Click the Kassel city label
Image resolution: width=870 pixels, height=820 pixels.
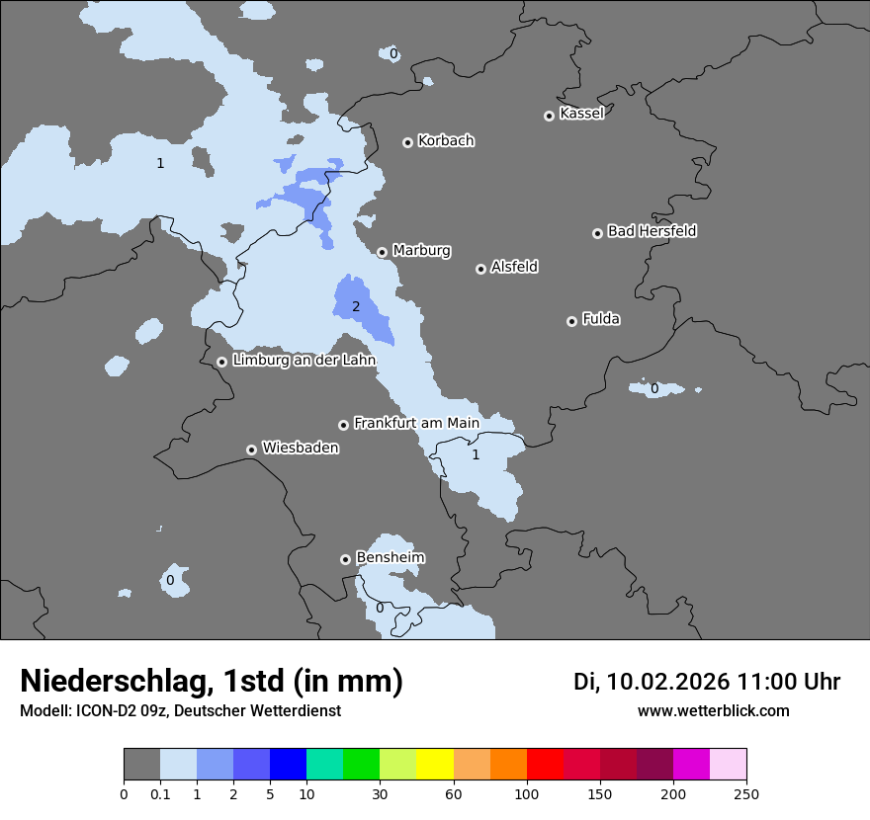tap(581, 114)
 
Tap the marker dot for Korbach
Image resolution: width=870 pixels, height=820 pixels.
tap(407, 142)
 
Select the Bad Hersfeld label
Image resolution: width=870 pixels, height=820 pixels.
tap(652, 231)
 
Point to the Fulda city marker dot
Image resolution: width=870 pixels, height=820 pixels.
tap(571, 321)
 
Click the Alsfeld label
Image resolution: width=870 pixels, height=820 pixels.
tap(514, 267)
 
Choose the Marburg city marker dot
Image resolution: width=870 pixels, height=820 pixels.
tap(382, 252)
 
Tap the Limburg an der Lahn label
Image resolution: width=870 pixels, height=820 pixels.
tap(304, 361)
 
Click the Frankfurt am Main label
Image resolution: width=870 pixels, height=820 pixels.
tap(416, 423)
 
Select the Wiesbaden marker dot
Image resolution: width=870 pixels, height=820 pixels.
tap(251, 450)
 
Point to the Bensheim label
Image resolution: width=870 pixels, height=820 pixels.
tap(390, 557)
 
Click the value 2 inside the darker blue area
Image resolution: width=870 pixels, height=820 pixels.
tap(356, 307)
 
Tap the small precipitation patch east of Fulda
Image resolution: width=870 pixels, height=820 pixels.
tap(655, 388)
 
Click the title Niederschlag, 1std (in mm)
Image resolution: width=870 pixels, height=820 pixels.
tap(212, 681)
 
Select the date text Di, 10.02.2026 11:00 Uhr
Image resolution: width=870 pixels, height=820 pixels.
tap(707, 682)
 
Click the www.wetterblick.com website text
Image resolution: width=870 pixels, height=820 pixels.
tap(713, 711)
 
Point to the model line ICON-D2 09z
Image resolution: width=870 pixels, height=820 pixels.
tap(180, 711)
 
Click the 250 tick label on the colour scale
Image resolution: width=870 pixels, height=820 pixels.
tap(745, 793)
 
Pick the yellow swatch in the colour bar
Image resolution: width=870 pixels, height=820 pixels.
tap(435, 765)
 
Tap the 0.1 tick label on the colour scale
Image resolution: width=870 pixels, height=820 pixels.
tap(160, 793)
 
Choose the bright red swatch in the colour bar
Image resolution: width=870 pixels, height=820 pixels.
tap(545, 765)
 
